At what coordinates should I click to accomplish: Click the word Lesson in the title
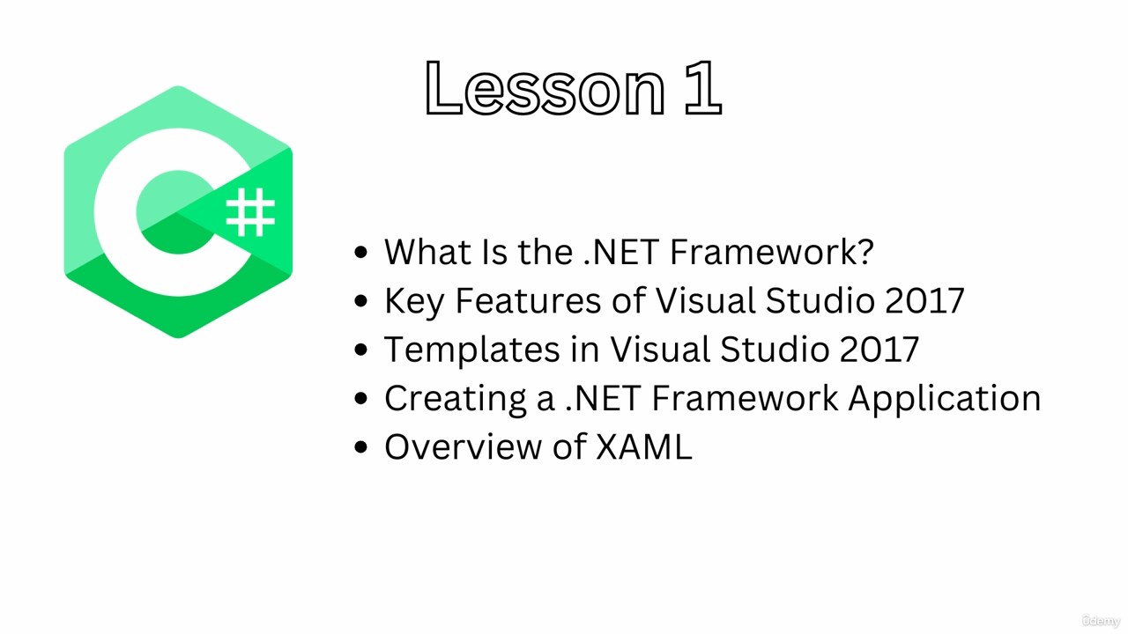click(545, 89)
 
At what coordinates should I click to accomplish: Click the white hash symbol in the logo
click(250, 212)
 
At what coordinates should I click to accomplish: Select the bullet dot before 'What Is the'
click(361, 252)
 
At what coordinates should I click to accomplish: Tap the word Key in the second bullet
click(414, 301)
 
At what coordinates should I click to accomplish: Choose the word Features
click(528, 300)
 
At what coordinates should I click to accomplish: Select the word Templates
click(471, 350)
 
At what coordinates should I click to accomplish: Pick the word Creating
click(456, 399)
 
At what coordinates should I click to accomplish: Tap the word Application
click(945, 399)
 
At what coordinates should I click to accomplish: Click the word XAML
click(644, 446)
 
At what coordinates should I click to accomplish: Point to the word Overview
click(463, 446)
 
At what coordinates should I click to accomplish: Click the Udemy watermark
click(1101, 621)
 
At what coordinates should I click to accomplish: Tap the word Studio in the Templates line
click(774, 350)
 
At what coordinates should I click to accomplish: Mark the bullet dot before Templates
click(361, 350)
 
